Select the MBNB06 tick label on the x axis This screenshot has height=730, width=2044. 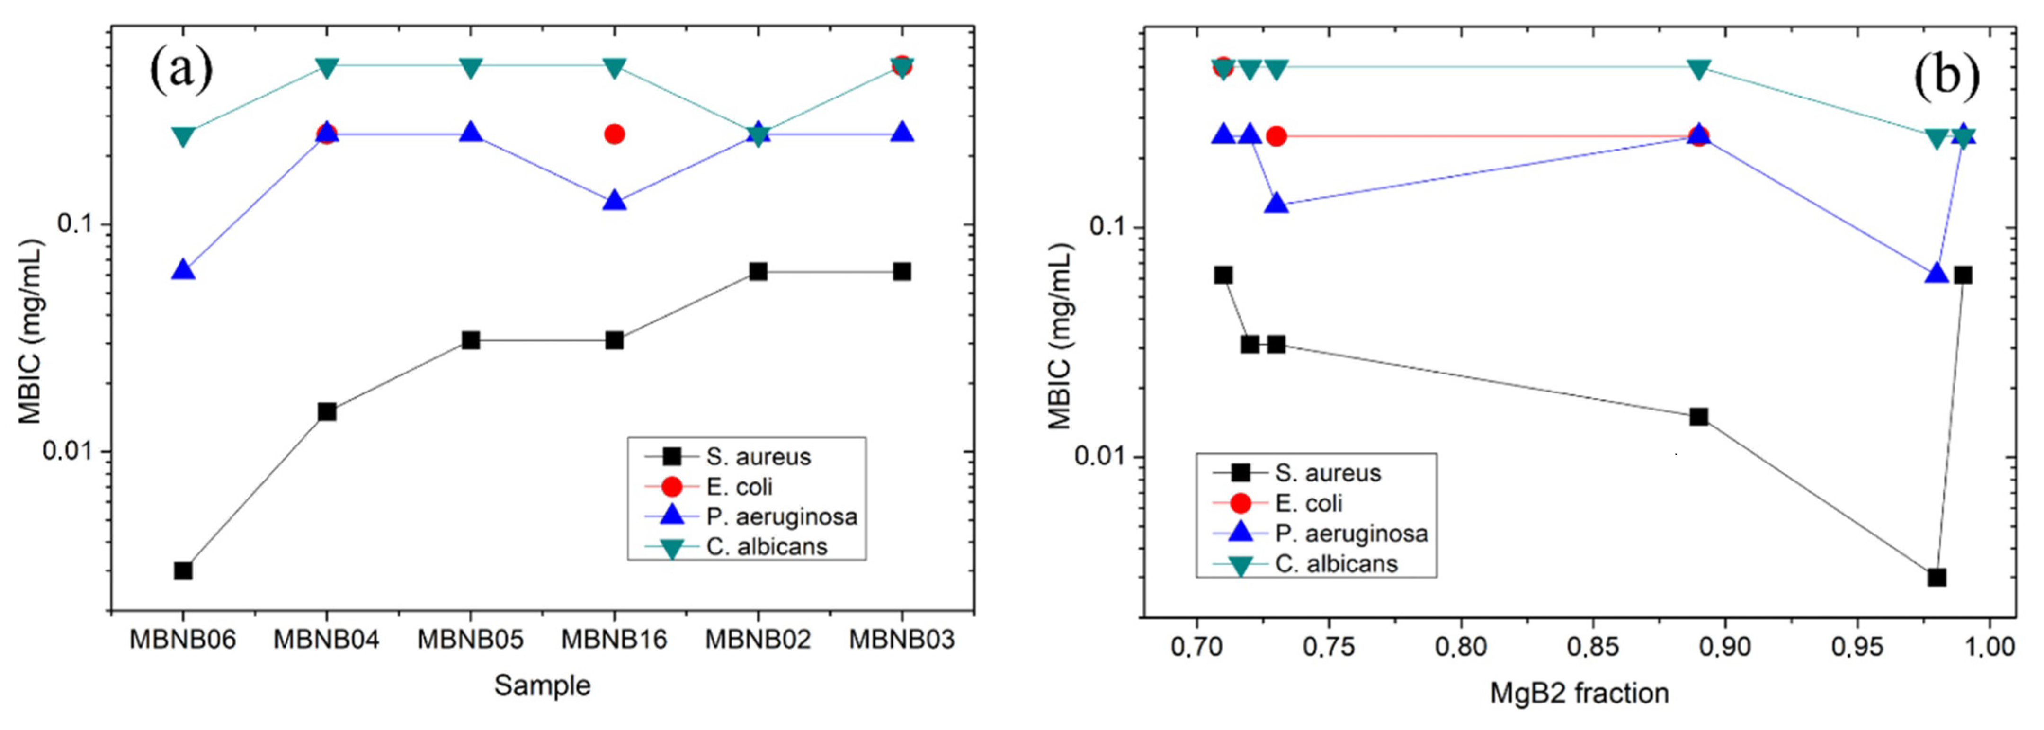(183, 640)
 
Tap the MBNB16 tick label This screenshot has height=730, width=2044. (614, 640)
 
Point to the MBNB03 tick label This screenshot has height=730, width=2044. (902, 640)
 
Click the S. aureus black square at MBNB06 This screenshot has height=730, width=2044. (183, 570)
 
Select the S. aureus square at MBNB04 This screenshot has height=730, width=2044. (327, 411)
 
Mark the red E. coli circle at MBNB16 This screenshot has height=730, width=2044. (614, 134)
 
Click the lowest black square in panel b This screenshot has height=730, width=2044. (1937, 577)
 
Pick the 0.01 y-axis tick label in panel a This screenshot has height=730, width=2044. (70, 452)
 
